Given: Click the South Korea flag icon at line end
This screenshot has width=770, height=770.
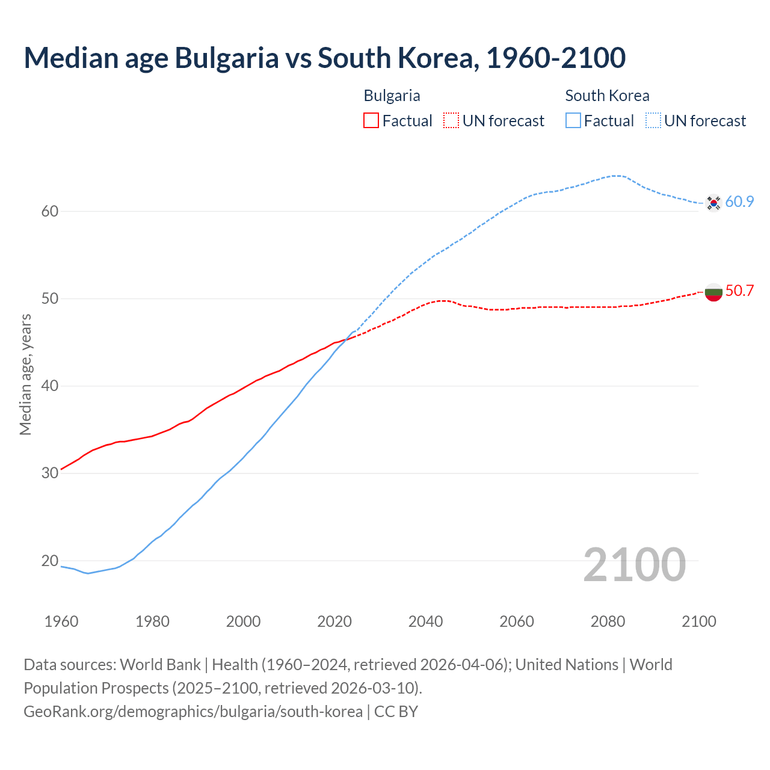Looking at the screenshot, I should (x=713, y=203).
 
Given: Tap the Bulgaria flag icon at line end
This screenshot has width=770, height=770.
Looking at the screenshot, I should (x=713, y=292).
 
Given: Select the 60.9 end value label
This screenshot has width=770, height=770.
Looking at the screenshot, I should (x=739, y=202).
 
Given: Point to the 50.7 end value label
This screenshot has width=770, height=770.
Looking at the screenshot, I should (x=739, y=291).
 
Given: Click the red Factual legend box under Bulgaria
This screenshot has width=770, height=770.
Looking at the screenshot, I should (x=371, y=121).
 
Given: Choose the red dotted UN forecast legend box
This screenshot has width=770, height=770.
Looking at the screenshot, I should (x=451, y=121).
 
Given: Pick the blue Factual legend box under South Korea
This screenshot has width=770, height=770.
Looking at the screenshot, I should (x=573, y=121).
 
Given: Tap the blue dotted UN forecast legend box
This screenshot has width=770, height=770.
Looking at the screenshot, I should (x=653, y=121).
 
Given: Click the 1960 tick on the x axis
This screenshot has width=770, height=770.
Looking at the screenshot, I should (x=61, y=621).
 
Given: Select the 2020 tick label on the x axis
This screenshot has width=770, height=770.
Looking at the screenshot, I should (x=334, y=621).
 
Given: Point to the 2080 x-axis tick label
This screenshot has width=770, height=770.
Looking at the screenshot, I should (x=608, y=621).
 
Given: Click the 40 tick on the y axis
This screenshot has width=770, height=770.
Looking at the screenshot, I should (x=50, y=386).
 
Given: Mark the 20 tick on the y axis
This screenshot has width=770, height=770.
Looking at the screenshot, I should (x=50, y=561).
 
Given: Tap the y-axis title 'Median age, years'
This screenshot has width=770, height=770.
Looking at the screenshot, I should (x=25, y=374).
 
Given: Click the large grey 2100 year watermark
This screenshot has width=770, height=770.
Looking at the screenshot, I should (x=634, y=564).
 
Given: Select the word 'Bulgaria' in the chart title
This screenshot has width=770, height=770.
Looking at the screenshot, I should (x=227, y=58).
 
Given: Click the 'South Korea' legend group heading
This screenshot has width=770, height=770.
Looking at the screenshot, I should (x=607, y=96).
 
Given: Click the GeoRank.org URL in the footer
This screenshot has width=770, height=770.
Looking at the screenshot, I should (x=193, y=712).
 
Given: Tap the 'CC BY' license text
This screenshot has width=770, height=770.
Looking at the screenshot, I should (x=396, y=712).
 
